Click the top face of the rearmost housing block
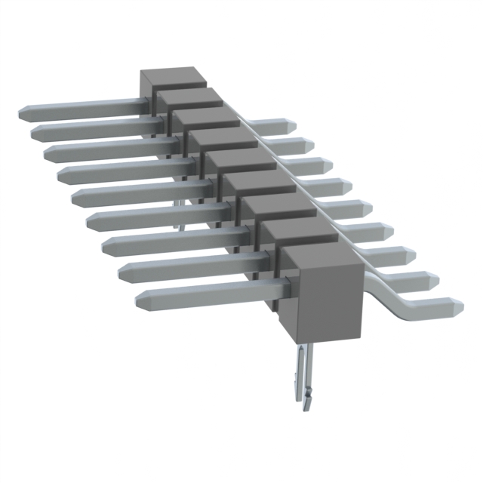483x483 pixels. coord(173,76)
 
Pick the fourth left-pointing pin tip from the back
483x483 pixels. coord(62,175)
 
